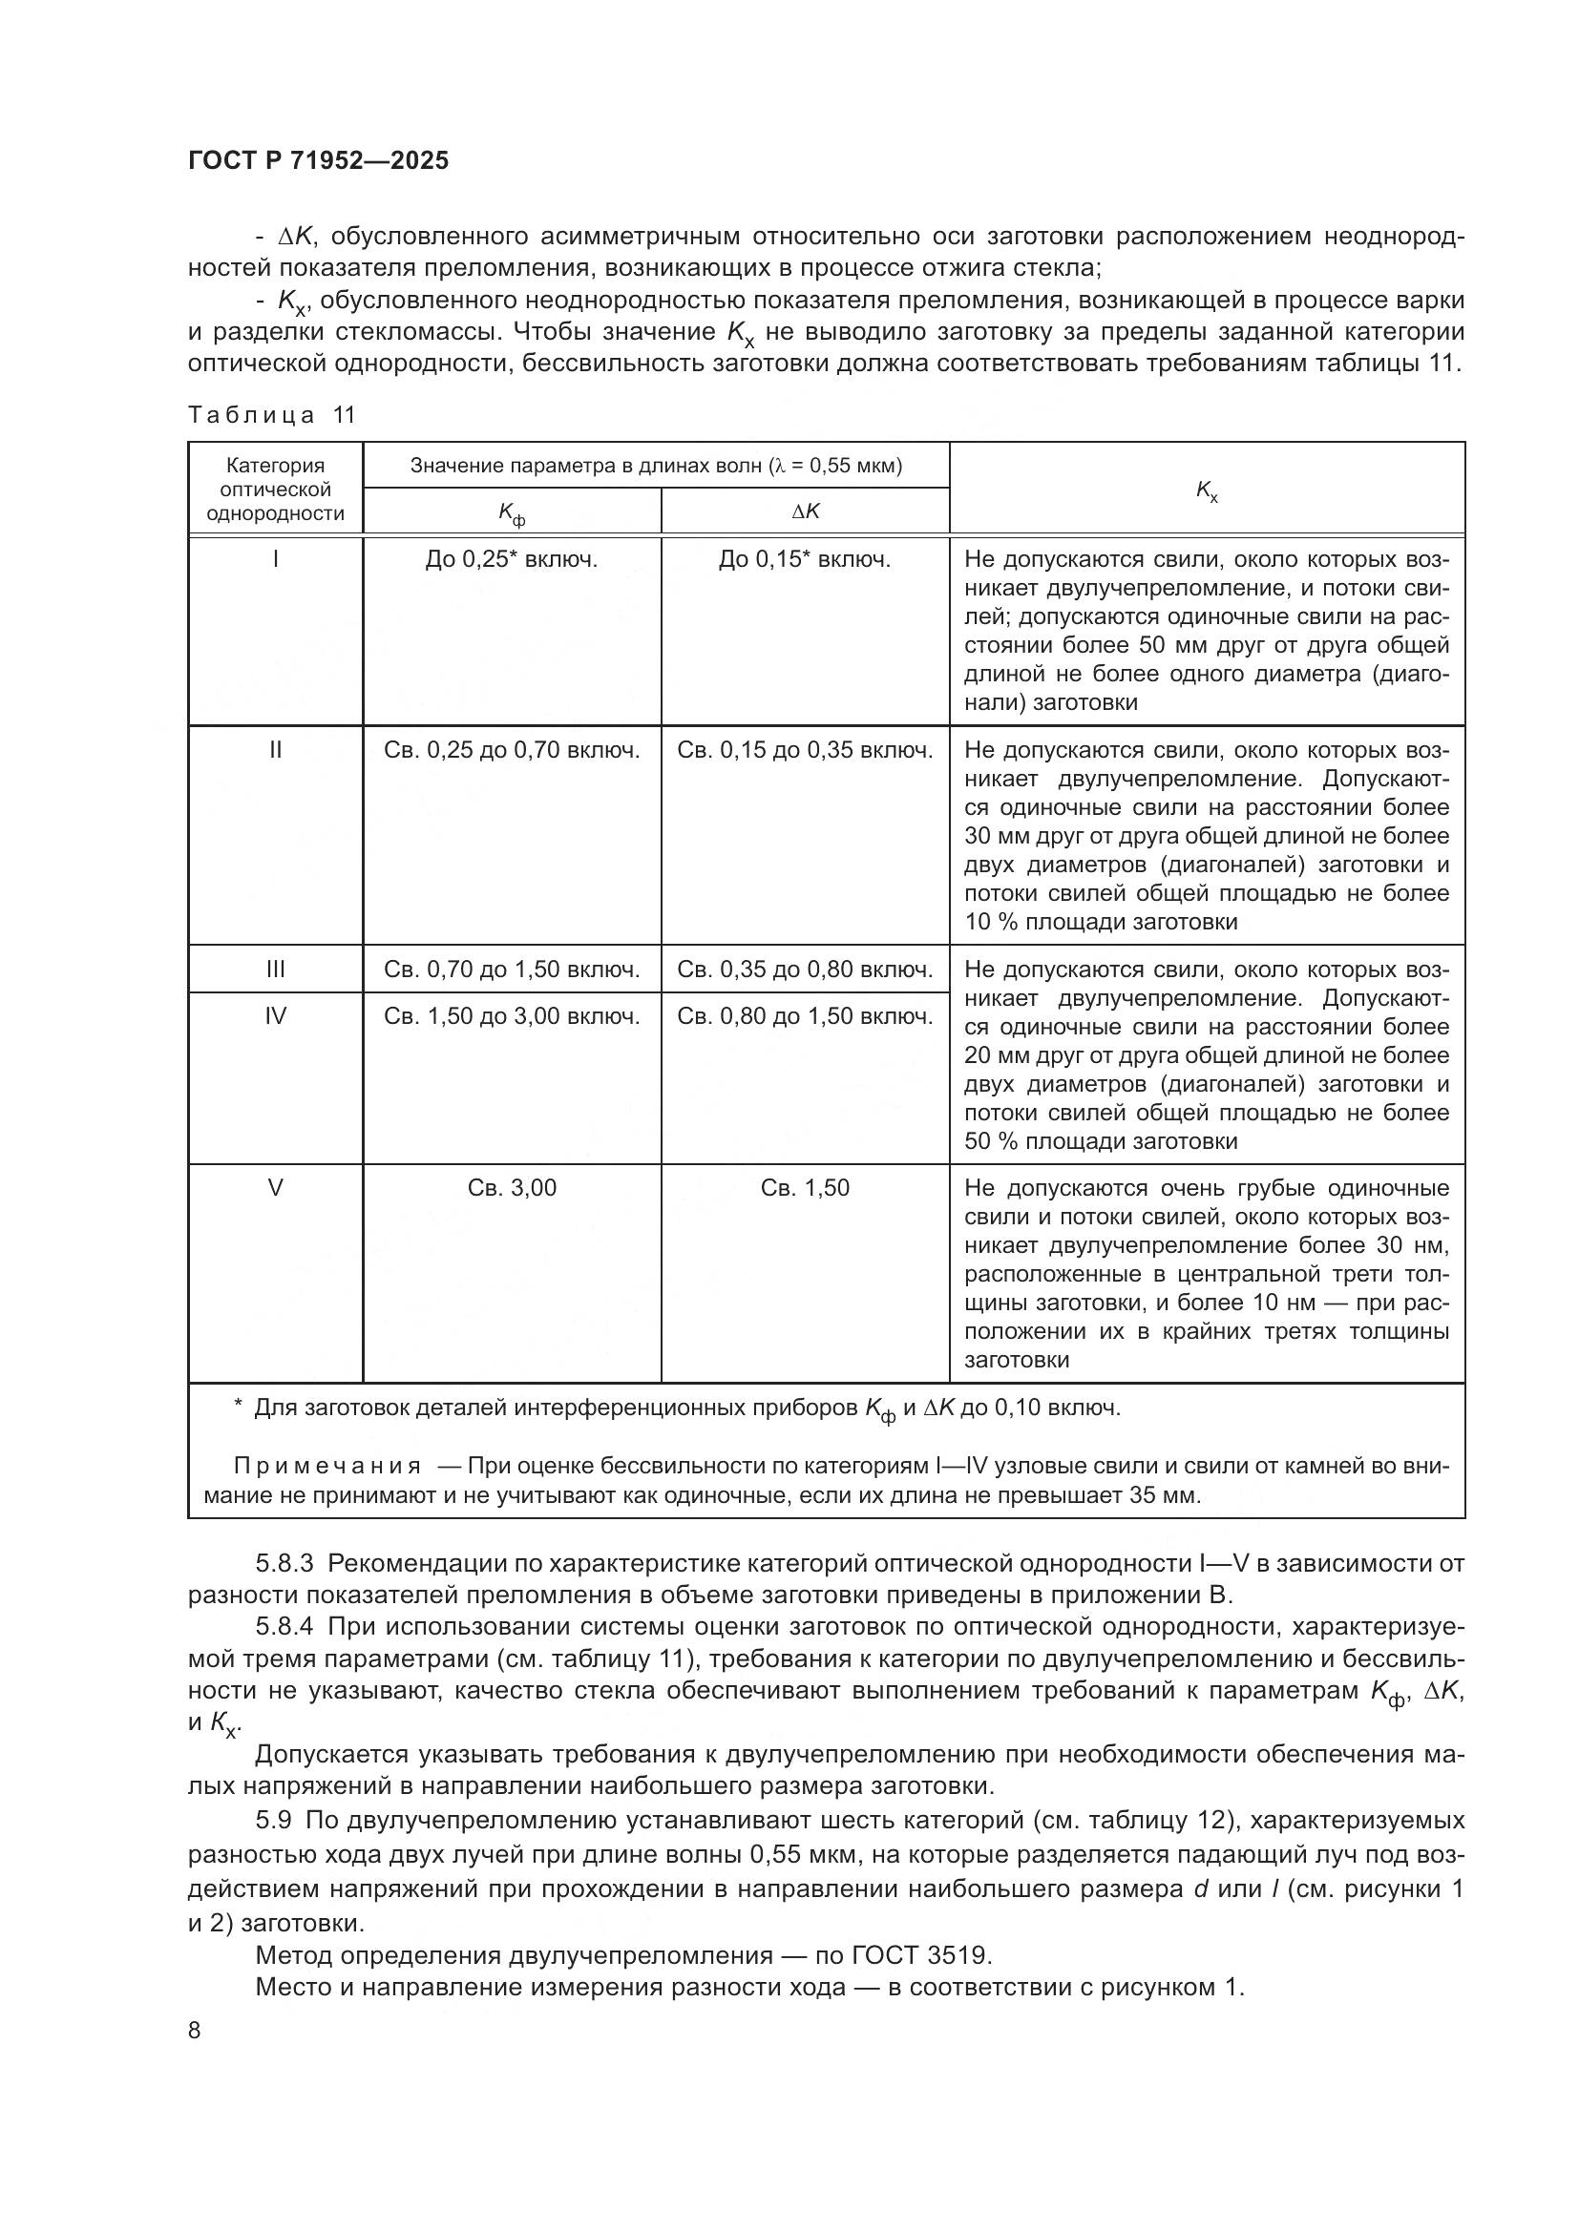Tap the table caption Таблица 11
coord(272,415)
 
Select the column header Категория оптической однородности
coord(275,489)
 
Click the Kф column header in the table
coord(512,512)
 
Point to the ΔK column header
coord(805,511)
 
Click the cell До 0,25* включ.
coord(512,560)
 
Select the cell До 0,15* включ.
coord(805,560)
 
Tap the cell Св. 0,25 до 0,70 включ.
coord(512,750)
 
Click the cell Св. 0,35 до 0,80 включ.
coord(805,970)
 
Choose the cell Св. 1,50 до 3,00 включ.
coord(512,1017)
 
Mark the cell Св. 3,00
coord(512,1188)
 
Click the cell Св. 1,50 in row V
coord(805,1188)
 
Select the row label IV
coord(275,1017)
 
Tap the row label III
coord(275,970)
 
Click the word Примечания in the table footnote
coord(327,1467)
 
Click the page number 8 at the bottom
coord(195,2031)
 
